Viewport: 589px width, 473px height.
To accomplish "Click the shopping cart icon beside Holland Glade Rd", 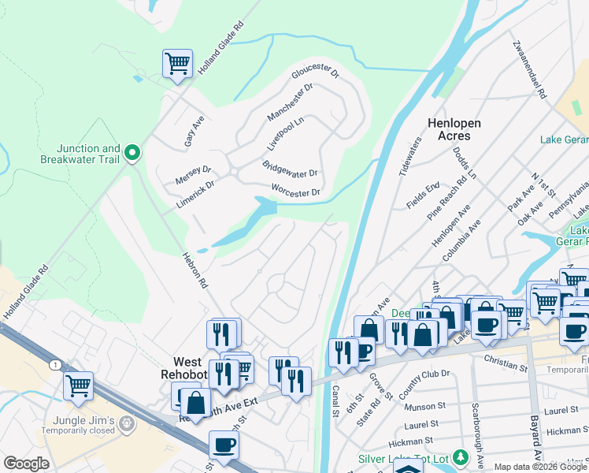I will click(178, 64).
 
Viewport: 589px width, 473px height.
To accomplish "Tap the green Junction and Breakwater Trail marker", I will click(133, 153).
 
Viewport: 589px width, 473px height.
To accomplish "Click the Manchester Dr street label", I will click(290, 102).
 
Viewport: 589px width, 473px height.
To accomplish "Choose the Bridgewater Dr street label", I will click(289, 168).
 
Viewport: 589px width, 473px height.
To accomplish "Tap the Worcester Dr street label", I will click(295, 192).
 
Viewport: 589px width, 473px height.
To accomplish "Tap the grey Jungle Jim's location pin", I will click(126, 426).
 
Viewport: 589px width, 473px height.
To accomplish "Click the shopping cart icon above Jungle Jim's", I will click(78, 386).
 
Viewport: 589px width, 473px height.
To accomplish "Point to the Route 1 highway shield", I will click(53, 364).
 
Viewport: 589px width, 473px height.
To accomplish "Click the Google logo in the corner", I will click(25, 463).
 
